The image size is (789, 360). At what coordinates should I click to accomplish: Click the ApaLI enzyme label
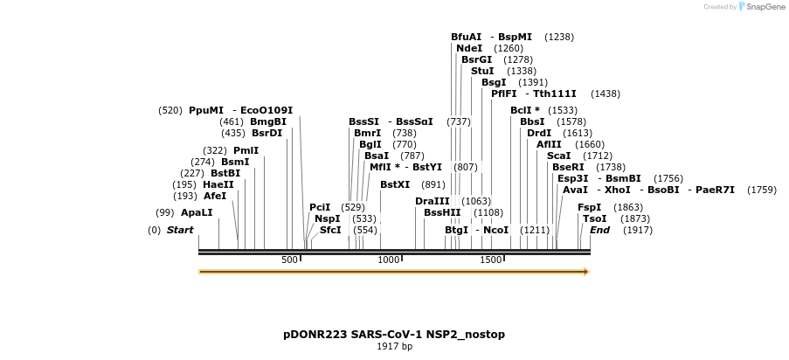pyautogui.click(x=197, y=212)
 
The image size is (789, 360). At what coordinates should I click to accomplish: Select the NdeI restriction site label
pyautogui.click(x=469, y=48)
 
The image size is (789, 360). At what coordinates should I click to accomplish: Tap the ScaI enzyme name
pyautogui.click(x=558, y=156)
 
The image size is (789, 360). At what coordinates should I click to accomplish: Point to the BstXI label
pyautogui.click(x=395, y=184)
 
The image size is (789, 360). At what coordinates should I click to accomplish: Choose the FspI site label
pyautogui.click(x=590, y=207)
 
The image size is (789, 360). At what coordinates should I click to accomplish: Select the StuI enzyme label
pyautogui.click(x=482, y=71)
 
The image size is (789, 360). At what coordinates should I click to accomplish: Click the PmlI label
pyautogui.click(x=246, y=150)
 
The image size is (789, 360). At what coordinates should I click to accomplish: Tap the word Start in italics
pyautogui.click(x=180, y=230)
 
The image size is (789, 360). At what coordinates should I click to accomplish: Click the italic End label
pyautogui.click(x=599, y=230)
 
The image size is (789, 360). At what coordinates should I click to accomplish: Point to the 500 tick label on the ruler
pyautogui.click(x=290, y=260)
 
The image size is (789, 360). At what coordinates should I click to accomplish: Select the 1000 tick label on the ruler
pyautogui.click(x=388, y=260)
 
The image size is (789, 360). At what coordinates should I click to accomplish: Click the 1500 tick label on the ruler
pyautogui.click(x=491, y=260)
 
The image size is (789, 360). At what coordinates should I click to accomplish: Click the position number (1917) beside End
pyautogui.click(x=638, y=230)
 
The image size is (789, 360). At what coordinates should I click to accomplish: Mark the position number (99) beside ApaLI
pyautogui.click(x=165, y=212)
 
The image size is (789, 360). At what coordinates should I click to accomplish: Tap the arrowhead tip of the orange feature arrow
pyautogui.click(x=588, y=272)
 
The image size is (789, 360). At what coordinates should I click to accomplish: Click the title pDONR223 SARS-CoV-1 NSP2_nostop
pyautogui.click(x=394, y=335)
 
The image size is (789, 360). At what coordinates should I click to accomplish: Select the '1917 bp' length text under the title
pyautogui.click(x=394, y=347)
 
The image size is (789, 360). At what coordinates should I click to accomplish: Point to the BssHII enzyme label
pyautogui.click(x=442, y=212)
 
